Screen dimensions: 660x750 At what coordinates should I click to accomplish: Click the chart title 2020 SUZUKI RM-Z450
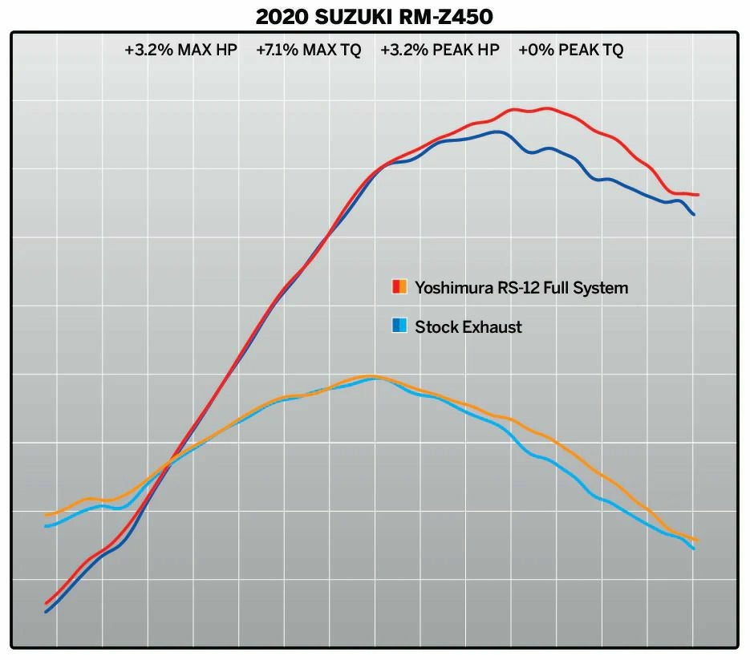375,15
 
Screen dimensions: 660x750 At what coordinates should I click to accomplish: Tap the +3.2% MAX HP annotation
181,50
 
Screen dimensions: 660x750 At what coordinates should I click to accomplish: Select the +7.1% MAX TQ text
309,50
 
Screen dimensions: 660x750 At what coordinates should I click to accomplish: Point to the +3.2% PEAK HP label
440,50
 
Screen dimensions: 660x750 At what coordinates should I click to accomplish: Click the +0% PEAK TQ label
570,50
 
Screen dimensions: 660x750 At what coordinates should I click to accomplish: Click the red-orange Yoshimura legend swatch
399,287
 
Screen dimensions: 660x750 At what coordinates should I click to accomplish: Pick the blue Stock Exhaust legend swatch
399,326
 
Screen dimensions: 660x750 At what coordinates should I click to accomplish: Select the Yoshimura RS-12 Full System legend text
521,287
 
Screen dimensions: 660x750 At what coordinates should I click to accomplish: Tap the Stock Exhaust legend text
468,326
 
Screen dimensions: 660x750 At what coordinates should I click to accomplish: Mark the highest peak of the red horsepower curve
547,107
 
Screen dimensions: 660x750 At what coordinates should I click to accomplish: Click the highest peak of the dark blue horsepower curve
498,132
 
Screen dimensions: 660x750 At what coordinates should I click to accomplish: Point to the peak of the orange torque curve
371,375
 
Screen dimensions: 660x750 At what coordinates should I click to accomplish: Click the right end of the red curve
698,195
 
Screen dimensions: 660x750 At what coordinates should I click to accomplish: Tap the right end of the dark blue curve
694,214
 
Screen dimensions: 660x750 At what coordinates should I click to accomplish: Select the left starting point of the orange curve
46,515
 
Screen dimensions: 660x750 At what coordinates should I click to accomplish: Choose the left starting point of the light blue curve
46,526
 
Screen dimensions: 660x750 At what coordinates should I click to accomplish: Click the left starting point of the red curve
46,603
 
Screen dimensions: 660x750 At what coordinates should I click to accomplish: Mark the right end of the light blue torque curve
694,549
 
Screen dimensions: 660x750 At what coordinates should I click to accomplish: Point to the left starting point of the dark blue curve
46,613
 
